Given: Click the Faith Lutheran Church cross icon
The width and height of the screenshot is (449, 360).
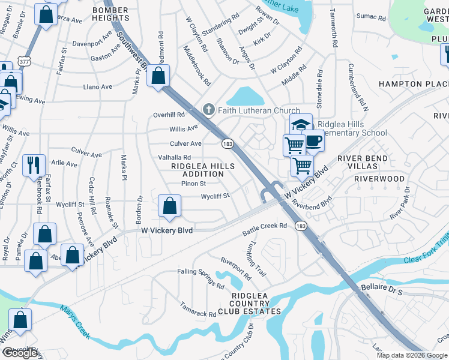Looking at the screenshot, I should point(209,109).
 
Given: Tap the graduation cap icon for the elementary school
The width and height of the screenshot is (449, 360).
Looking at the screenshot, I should point(301,125).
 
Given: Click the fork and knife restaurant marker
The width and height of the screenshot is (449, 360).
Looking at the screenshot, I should point(34,164).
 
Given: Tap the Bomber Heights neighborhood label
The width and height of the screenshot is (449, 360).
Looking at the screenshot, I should point(111,14).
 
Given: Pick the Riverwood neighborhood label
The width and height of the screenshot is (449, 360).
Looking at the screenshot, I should point(379,179).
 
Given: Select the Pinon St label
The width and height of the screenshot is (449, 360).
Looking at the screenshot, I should point(193,183).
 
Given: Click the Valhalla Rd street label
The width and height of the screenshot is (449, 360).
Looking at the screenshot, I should point(174,157).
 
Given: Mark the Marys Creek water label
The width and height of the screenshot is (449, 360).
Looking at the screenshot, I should point(76,322).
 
